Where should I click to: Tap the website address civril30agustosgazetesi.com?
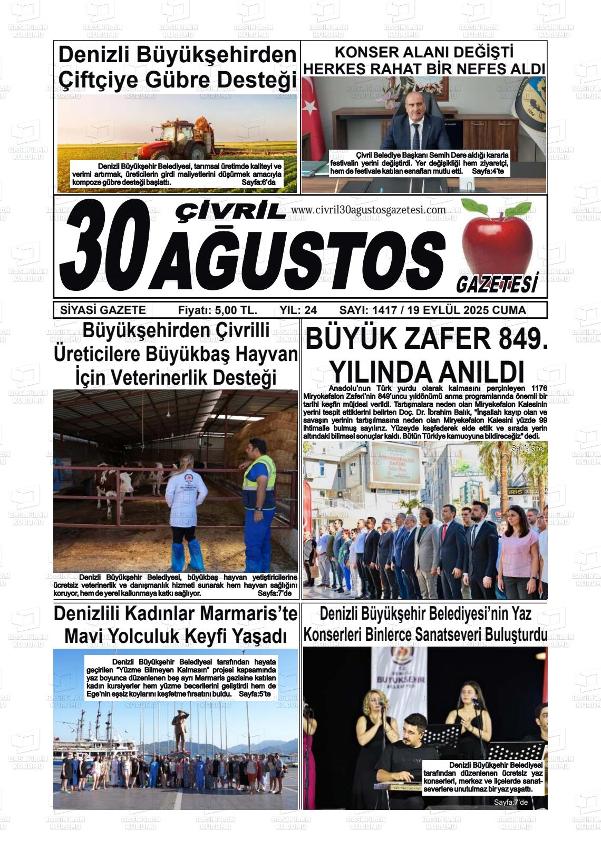[x=368, y=210]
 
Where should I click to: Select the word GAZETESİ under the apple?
[x=497, y=285]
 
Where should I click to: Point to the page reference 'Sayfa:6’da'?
[x=262, y=182]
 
